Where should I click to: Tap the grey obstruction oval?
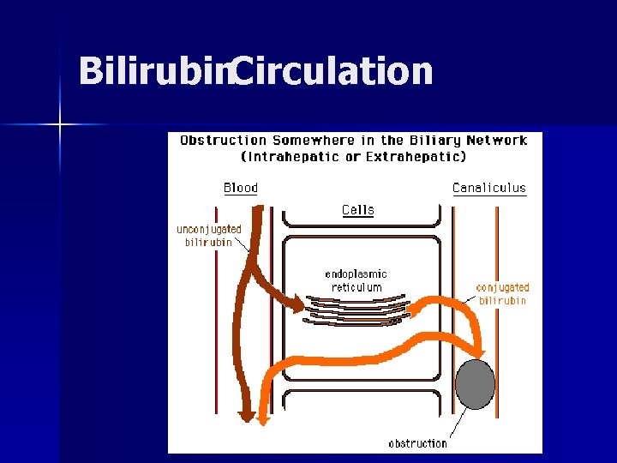click(x=475, y=385)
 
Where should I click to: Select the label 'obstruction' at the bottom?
click(x=418, y=443)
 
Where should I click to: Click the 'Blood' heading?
click(x=241, y=188)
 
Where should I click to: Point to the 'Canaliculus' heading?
click(x=489, y=188)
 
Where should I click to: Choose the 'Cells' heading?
click(x=358, y=210)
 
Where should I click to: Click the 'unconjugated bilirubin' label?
click(x=209, y=236)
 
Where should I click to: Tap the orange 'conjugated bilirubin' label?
click(x=503, y=294)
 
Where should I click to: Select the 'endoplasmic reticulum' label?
click(x=356, y=280)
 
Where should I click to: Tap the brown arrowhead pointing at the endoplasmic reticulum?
click(x=297, y=304)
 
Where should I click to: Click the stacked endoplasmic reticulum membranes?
click(x=356, y=310)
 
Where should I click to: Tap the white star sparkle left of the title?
click(x=60, y=125)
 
